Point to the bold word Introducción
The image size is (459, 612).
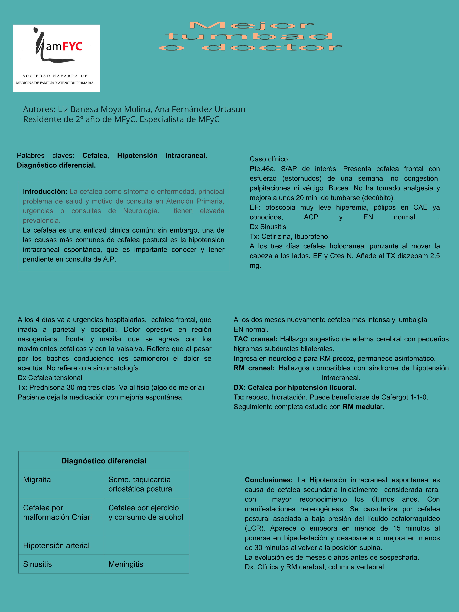45,191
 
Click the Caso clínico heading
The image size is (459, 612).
268,159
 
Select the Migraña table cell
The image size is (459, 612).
37,480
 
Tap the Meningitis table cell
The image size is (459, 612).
126,564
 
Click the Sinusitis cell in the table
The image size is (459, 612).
37,564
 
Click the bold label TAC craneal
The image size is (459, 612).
255,339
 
